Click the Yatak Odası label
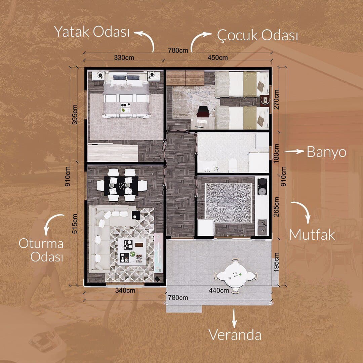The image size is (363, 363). pos(92,32)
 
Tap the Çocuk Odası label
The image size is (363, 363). pos(257,35)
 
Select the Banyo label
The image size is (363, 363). pos(326,152)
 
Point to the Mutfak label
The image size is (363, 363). pos(312,235)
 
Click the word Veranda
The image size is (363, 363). pos(235,335)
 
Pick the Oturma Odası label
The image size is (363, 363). pos(41,250)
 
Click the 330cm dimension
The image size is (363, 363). pos(124,57)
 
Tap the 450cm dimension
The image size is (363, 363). pos(217,57)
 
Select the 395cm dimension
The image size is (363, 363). pos(75,115)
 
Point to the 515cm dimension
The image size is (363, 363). pos(75,224)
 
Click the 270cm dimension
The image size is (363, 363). pos(276,99)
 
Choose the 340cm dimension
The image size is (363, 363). pos(125,290)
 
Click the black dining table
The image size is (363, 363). pos(121,186)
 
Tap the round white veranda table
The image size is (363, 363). pos(236,276)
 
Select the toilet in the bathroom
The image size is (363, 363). pos(233,165)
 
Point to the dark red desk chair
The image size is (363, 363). pos(203,111)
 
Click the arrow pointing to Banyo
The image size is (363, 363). pos(294,151)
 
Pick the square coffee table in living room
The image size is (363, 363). pos(132,252)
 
